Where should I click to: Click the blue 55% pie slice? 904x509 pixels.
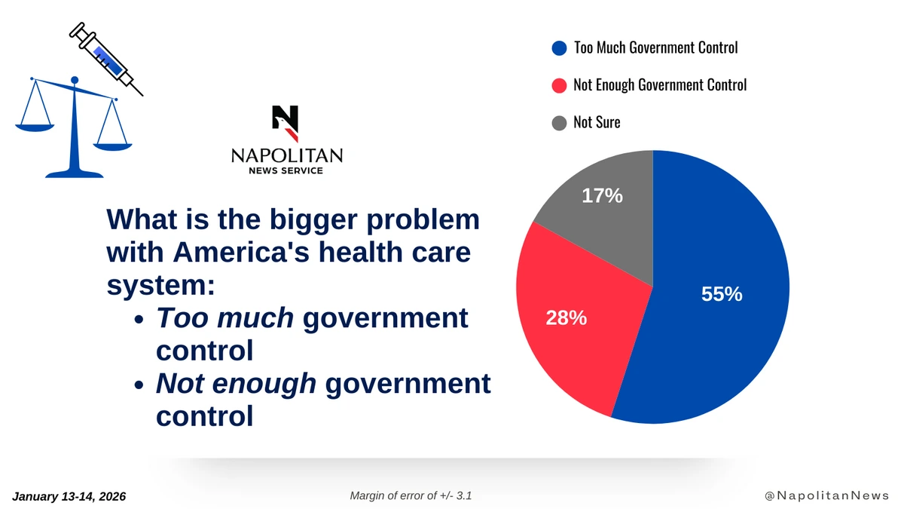click(x=716, y=302)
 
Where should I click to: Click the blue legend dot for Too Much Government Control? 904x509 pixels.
click(x=559, y=48)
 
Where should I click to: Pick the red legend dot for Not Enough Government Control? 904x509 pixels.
click(x=559, y=85)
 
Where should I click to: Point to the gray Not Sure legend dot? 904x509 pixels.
click(x=559, y=122)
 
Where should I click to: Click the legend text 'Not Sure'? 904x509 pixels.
click(x=597, y=122)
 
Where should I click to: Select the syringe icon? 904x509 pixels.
click(x=105, y=59)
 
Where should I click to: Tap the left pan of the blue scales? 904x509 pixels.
click(x=35, y=127)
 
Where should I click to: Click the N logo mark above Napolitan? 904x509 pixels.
click(x=286, y=123)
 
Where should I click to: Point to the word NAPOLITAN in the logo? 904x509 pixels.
click(x=286, y=155)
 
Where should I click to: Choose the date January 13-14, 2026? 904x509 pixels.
click(x=69, y=496)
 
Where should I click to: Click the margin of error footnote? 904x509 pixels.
click(x=411, y=495)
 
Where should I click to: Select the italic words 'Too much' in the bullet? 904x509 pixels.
click(x=224, y=318)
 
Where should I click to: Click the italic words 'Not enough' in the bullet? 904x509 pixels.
click(x=236, y=384)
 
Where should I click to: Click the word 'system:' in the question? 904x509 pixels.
click(x=160, y=285)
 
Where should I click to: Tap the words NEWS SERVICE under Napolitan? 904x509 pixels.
click(x=286, y=171)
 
